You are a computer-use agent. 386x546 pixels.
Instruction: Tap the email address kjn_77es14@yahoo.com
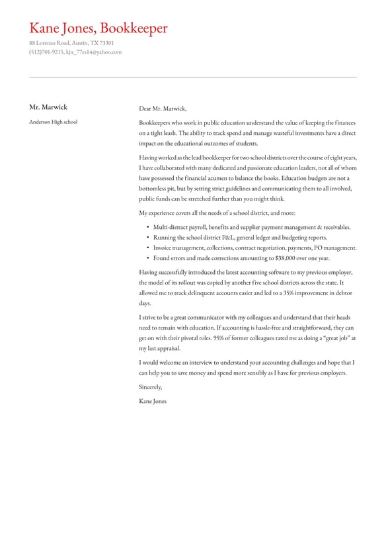(x=94, y=52)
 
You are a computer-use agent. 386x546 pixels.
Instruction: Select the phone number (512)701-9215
(x=46, y=52)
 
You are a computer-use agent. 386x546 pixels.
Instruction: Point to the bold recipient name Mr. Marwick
(x=48, y=107)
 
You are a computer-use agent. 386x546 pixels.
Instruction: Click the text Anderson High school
(x=53, y=122)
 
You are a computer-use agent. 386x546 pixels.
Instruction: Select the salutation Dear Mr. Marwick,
(x=163, y=109)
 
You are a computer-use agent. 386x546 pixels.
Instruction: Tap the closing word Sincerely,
(x=150, y=387)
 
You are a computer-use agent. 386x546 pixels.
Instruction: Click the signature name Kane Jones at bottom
(x=153, y=401)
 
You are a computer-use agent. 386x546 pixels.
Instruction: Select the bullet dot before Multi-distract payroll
(x=147, y=227)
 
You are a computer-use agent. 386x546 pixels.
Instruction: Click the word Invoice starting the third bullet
(x=163, y=248)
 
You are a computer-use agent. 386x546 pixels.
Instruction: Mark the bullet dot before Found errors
(x=147, y=258)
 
